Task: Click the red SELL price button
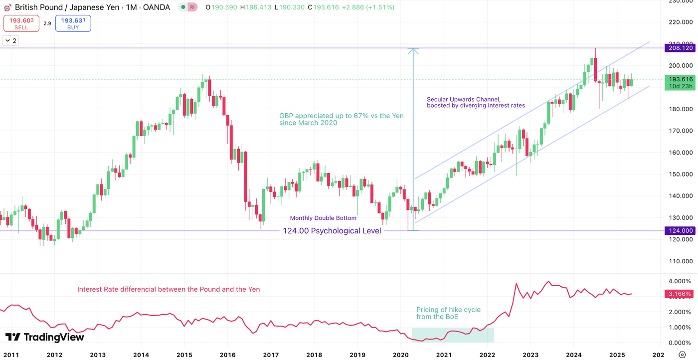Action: [x=21, y=23]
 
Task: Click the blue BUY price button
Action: [x=73, y=23]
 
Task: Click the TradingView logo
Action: [x=45, y=338]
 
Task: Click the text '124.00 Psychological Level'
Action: [x=332, y=231]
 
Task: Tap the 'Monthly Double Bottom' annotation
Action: [x=323, y=218]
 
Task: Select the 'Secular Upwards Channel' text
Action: [x=463, y=99]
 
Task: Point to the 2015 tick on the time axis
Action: [x=184, y=355]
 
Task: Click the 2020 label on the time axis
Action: [x=401, y=355]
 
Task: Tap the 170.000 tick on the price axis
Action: [x=681, y=131]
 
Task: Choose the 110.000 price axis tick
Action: [x=681, y=261]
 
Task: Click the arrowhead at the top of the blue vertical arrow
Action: [x=413, y=50]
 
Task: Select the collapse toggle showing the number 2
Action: [x=11, y=40]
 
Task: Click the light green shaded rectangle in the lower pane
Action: [x=453, y=335]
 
